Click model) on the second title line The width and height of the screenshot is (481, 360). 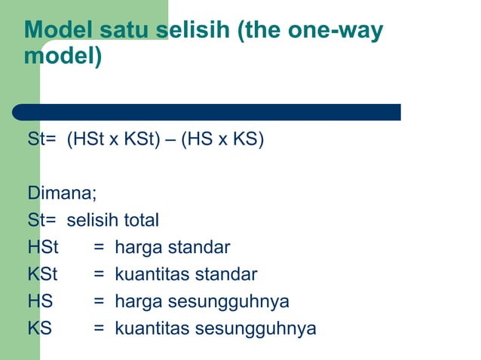[x=63, y=56]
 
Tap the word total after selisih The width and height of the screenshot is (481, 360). [x=136, y=220]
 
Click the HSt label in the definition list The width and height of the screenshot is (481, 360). [x=43, y=247]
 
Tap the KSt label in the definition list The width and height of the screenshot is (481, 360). [x=43, y=274]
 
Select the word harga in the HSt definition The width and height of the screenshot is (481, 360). [x=137, y=247]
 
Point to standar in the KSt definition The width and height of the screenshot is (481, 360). [x=227, y=274]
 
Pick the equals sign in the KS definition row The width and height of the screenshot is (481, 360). [x=98, y=328]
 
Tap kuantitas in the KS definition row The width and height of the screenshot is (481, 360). [x=152, y=328]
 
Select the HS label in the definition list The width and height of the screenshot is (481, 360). [x=40, y=301]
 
